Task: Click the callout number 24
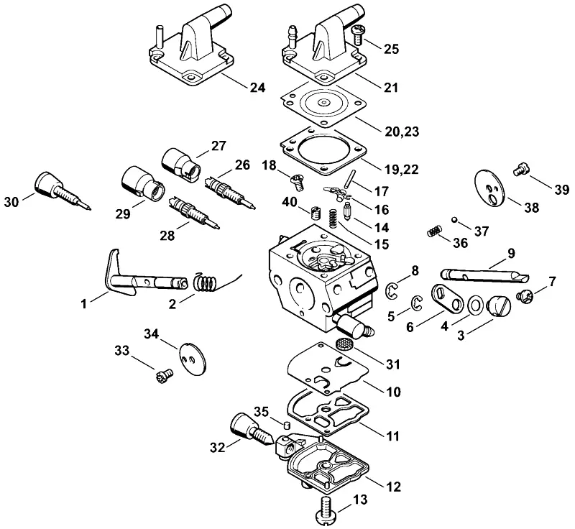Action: (x=257, y=88)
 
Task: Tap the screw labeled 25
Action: (x=356, y=34)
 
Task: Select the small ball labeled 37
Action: (x=454, y=219)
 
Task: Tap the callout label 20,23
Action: (x=402, y=132)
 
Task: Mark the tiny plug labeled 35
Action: (x=286, y=425)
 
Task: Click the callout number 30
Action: (x=11, y=202)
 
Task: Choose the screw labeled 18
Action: (x=298, y=183)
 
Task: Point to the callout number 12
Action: (x=393, y=487)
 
